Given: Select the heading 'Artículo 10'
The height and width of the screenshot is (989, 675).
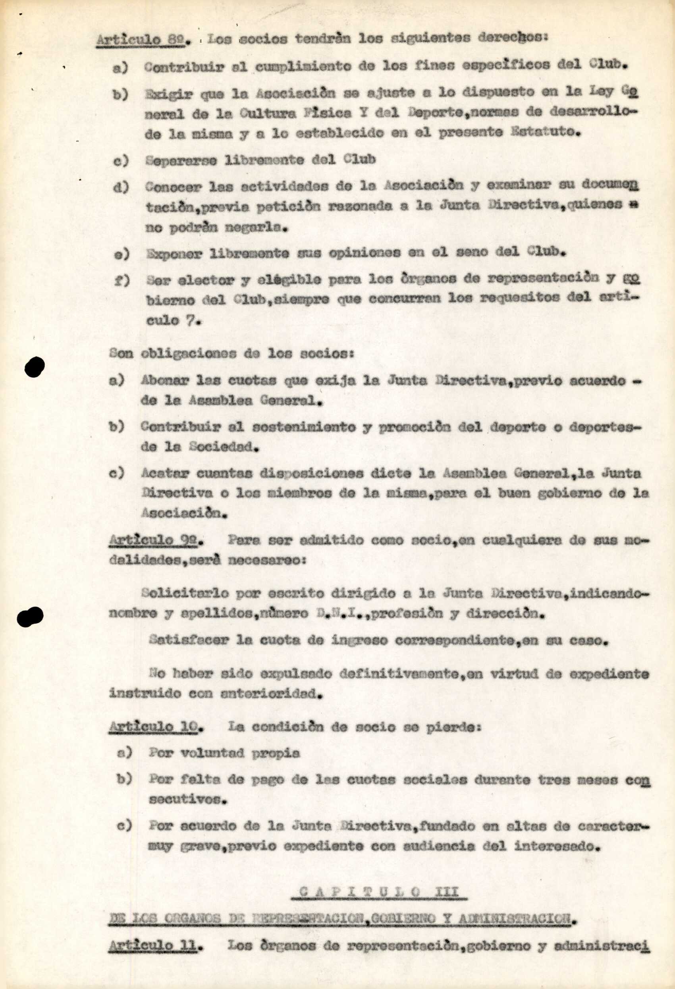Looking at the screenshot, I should pos(154,727).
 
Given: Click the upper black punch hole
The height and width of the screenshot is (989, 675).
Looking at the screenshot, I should pos(35,367).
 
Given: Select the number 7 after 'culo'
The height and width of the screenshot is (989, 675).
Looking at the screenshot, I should pos(189,320).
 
